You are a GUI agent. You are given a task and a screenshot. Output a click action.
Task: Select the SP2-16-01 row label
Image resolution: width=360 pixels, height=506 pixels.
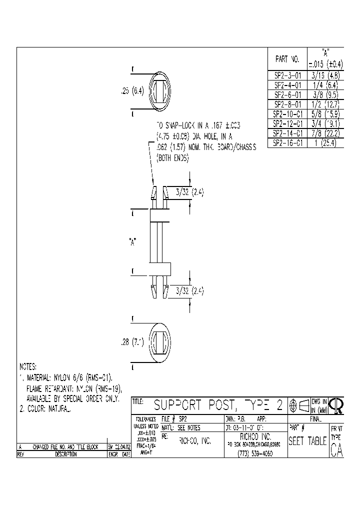tap(288, 142)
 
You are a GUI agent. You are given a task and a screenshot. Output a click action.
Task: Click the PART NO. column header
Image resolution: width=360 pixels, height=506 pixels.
tap(287, 59)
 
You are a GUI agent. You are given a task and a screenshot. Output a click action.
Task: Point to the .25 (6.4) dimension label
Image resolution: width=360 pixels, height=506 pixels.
tap(132, 91)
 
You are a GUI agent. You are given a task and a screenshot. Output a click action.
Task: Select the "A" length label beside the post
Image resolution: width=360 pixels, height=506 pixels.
tap(132, 242)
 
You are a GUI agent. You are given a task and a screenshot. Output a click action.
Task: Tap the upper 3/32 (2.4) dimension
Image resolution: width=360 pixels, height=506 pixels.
tap(190, 192)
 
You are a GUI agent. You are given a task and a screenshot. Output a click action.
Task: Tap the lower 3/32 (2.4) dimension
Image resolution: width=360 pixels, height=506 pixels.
tap(190, 290)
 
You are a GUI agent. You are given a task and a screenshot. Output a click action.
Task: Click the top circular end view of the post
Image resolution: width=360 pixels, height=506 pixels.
tap(160, 91)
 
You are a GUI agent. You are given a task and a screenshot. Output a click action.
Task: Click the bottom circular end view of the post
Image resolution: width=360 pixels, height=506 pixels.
tap(160, 342)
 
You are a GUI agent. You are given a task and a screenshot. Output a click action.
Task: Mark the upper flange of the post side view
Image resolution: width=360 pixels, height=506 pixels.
tap(160, 216)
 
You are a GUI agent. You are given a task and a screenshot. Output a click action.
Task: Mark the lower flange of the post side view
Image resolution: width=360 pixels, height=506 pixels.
tap(160, 268)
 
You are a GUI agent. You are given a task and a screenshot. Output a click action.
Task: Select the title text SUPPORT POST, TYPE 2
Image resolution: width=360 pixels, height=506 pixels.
tap(217, 405)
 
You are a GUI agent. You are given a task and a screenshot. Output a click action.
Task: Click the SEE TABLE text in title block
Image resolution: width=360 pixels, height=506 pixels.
tap(307, 441)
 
